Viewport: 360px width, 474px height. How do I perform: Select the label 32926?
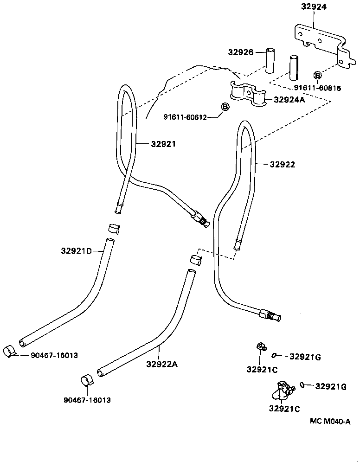click(x=240, y=52)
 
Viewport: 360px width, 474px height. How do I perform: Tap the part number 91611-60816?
click(x=317, y=88)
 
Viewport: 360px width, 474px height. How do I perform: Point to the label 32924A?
click(x=289, y=100)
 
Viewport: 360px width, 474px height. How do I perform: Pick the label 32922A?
click(x=162, y=364)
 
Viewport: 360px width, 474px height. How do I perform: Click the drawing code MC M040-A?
click(x=330, y=422)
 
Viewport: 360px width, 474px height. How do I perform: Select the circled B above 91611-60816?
click(x=318, y=76)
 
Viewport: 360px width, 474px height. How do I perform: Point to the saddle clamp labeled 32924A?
click(x=246, y=92)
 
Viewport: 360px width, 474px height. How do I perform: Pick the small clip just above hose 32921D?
click(x=114, y=228)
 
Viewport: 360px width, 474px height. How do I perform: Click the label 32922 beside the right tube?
click(x=283, y=164)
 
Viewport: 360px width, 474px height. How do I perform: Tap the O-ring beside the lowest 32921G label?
click(x=302, y=384)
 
